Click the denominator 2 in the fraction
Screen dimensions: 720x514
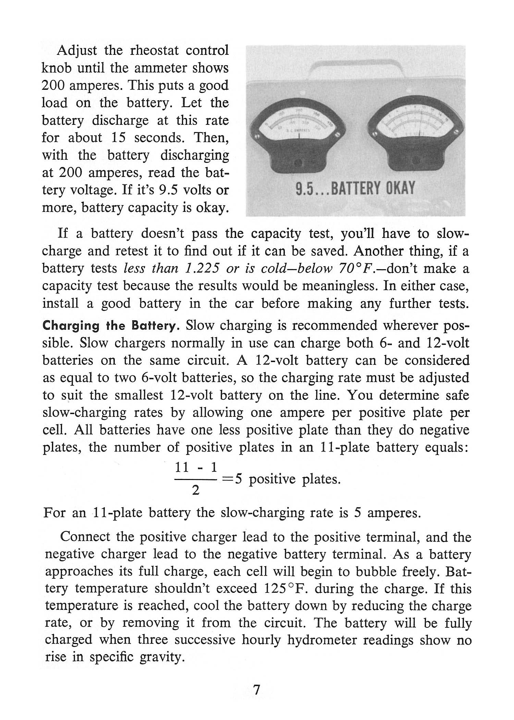tap(195, 491)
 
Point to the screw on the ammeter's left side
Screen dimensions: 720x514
tap(256, 136)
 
